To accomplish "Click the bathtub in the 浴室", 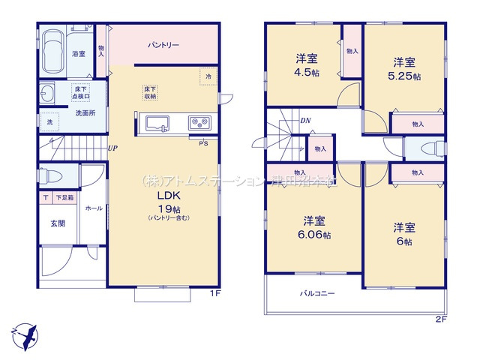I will (x=52, y=50).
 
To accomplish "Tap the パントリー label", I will (x=163, y=45).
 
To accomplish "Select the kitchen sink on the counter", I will (x=158, y=123).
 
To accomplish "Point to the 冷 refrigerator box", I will (x=208, y=76).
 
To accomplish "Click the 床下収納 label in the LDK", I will (x=151, y=92).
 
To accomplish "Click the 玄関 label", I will (x=58, y=223).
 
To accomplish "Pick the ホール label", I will (x=94, y=208).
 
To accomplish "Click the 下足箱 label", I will (x=63, y=197).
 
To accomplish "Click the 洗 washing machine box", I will (x=49, y=121).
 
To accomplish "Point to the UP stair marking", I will (x=112, y=148).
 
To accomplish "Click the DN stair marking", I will (x=305, y=120).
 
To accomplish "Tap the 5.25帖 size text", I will (x=405, y=76).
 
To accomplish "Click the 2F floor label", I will (x=441, y=319).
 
